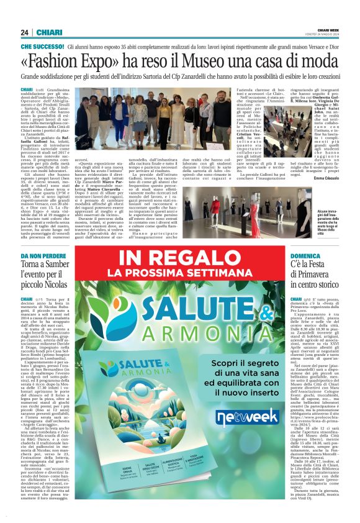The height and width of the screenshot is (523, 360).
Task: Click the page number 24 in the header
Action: click(24, 33)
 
